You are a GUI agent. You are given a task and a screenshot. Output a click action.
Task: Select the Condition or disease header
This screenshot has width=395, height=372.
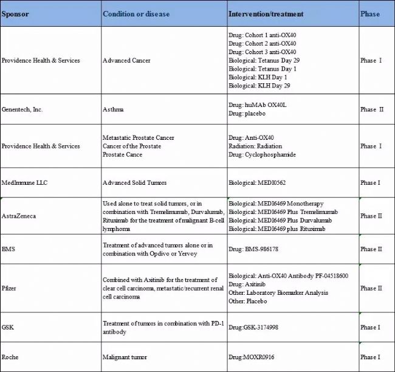click(136, 14)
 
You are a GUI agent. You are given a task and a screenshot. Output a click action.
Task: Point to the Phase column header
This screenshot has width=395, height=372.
click(369, 14)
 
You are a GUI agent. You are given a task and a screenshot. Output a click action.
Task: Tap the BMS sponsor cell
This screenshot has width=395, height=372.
click(9, 249)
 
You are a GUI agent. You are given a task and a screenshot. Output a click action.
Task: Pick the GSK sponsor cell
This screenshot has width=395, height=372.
click(9, 328)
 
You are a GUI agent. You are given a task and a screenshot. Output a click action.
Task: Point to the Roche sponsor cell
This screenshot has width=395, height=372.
click(10, 357)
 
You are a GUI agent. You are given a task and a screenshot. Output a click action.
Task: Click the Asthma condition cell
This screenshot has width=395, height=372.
click(113, 109)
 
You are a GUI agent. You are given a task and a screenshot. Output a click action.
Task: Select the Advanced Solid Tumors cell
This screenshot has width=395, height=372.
click(134, 182)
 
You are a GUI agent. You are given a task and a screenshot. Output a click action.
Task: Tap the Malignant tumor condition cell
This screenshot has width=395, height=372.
click(125, 357)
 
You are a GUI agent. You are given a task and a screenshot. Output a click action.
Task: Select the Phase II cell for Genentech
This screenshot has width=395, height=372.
click(372, 109)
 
